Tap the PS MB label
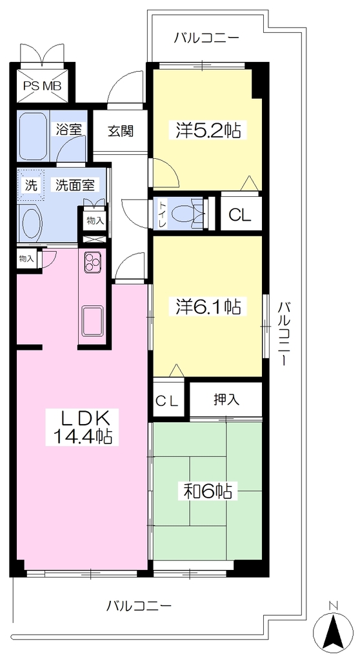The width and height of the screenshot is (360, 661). (x=42, y=86)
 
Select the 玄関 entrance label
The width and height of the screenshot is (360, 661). (x=120, y=132)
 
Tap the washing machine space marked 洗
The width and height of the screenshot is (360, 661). (x=32, y=185)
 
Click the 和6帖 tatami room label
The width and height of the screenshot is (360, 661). (x=208, y=491)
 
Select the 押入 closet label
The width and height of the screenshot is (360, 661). (x=226, y=399)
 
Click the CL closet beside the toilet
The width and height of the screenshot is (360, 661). (x=240, y=216)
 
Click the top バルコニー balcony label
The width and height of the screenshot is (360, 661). (x=207, y=38)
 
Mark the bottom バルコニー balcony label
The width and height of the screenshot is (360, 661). (x=139, y=606)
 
